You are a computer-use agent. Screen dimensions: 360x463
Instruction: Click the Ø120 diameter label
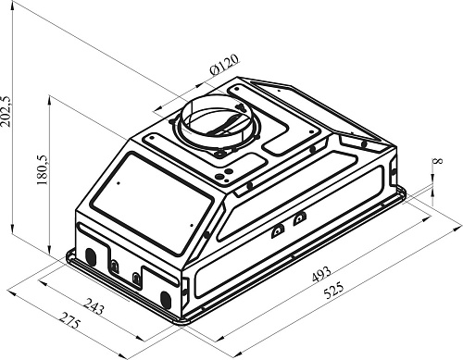(224, 67)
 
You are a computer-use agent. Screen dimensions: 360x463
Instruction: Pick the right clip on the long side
(298, 218)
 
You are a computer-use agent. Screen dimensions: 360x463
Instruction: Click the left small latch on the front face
(114, 267)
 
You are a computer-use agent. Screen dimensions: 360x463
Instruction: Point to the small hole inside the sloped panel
(186, 222)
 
